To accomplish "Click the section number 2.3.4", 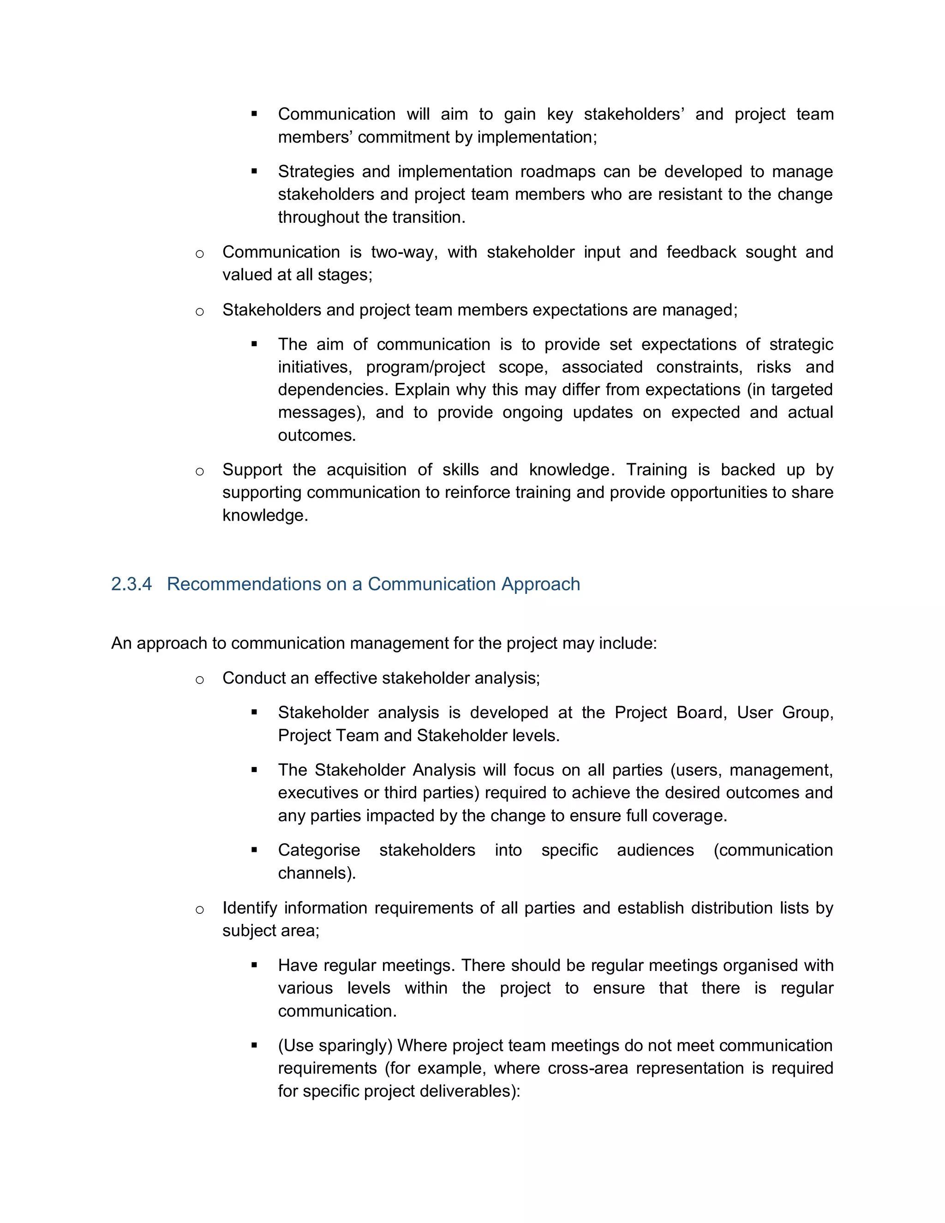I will [x=131, y=584].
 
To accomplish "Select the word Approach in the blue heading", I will [x=540, y=584].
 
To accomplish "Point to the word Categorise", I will [x=318, y=850].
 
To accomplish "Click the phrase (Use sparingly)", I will [x=335, y=1045].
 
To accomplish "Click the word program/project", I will [x=425, y=367].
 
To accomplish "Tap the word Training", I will [x=656, y=470].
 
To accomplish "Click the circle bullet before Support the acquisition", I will [x=200, y=472].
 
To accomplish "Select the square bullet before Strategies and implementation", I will [x=254, y=171].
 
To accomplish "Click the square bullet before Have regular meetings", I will [x=254, y=965].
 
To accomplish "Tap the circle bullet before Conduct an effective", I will [x=200, y=680].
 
